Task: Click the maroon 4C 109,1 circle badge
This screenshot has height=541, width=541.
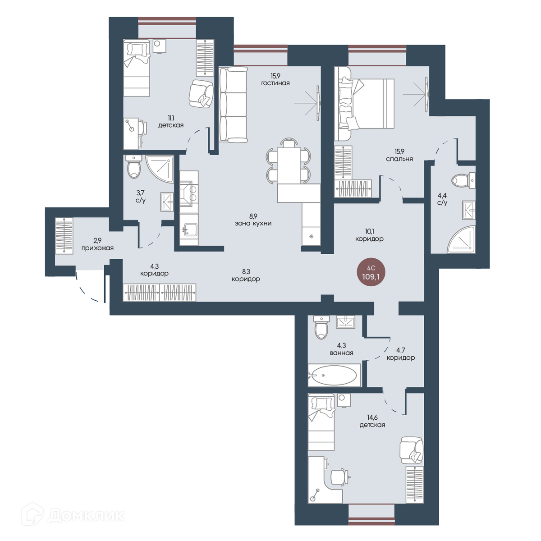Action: pyautogui.click(x=371, y=272)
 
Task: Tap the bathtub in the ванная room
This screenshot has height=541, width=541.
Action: pyautogui.click(x=334, y=375)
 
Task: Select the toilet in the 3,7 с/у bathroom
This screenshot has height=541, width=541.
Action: pyautogui.click(x=133, y=166)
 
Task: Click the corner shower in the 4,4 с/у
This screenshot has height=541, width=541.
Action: pyautogui.click(x=461, y=239)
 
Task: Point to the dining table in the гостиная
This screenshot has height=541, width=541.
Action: pyautogui.click(x=289, y=165)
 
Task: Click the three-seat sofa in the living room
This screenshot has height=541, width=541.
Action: pyautogui.click(x=233, y=105)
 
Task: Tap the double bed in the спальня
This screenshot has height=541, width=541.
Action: pyautogui.click(x=364, y=104)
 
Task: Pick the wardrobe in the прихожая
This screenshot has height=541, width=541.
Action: pyautogui.click(x=64, y=236)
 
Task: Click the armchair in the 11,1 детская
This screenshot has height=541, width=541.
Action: pyautogui.click(x=201, y=94)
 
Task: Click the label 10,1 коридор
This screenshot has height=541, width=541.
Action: pyautogui.click(x=369, y=235)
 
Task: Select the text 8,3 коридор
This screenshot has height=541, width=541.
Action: pyautogui.click(x=246, y=275)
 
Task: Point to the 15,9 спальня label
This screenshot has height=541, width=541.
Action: pyautogui.click(x=399, y=155)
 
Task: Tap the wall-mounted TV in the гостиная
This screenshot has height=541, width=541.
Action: pyautogui.click(x=318, y=103)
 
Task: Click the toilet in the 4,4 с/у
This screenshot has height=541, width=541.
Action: pyautogui.click(x=464, y=180)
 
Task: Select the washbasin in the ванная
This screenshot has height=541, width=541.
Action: pyautogui.click(x=346, y=322)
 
